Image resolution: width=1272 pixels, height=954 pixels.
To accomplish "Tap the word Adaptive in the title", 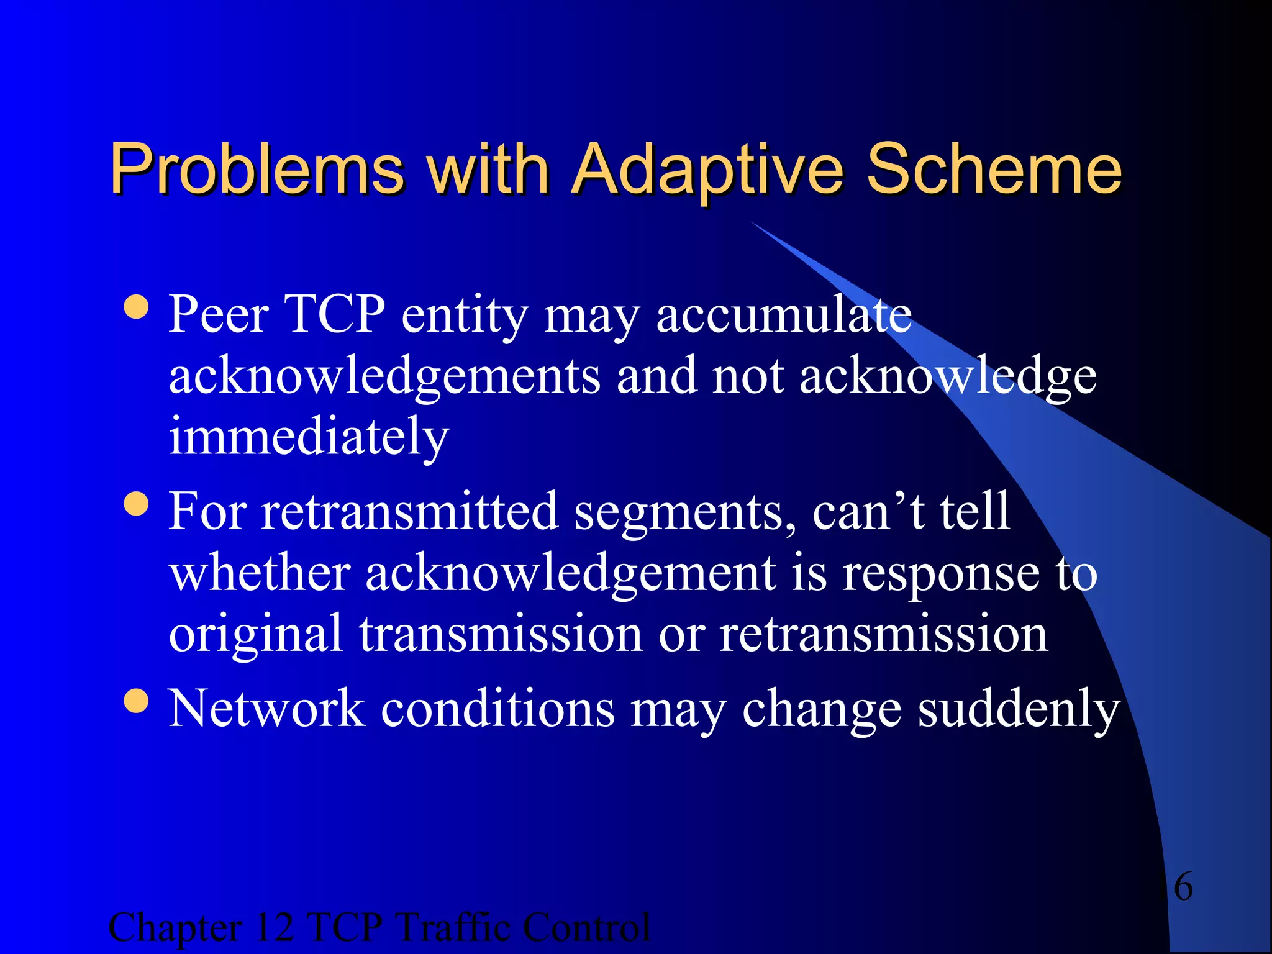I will [x=707, y=169].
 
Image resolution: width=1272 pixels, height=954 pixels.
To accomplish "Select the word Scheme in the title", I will [x=994, y=169].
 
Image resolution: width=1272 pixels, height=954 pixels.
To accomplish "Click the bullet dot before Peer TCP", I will [x=136, y=307].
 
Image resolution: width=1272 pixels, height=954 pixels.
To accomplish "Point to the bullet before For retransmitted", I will [x=136, y=504].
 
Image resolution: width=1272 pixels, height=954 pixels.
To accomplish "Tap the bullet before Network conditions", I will [x=136, y=701].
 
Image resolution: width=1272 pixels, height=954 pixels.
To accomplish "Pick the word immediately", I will [x=309, y=437].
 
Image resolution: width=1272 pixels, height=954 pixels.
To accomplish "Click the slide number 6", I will [x=1183, y=886].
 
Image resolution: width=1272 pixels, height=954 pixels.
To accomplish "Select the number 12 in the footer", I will [x=274, y=927].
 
